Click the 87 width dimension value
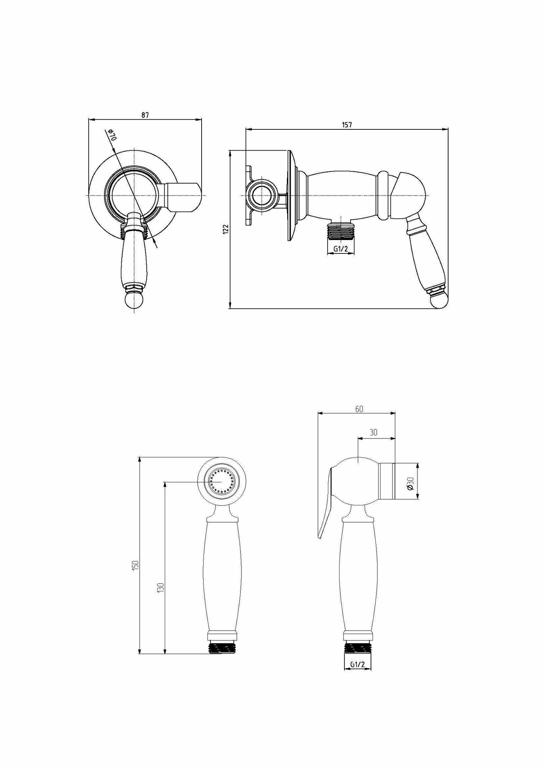pos(145,115)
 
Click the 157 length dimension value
pos(347,125)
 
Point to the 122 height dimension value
pos(226,229)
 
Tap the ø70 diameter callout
pos(112,136)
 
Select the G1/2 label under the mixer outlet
pos(341,249)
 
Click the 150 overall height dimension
pos(135,565)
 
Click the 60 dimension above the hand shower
pos(359,409)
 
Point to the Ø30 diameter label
pos(410,483)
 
